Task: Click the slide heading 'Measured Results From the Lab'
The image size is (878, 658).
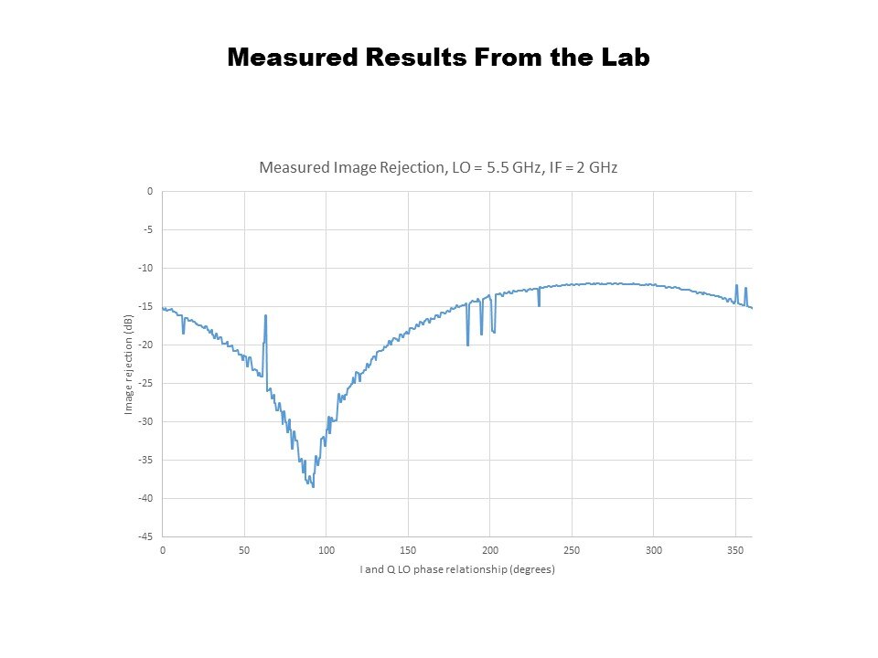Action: coord(438,58)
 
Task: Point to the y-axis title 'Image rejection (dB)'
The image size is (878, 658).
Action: coord(129,364)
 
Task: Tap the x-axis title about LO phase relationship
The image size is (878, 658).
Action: coord(457,569)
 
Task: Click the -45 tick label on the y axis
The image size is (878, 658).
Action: coord(145,536)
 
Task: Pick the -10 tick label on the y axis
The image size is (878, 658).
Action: coord(145,269)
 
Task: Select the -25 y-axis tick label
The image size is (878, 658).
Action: coord(145,384)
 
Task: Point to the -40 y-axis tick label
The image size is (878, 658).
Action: coord(145,498)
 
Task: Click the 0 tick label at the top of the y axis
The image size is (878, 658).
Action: coord(149,192)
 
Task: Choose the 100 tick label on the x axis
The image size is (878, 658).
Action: coord(327,550)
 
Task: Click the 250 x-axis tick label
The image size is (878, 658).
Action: coord(572,550)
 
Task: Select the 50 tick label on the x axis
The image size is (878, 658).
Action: coord(244,550)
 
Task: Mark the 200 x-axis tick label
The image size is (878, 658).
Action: coord(490,550)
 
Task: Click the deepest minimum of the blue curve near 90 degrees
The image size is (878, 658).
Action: coord(313,486)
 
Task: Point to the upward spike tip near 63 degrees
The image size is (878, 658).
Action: coord(265,315)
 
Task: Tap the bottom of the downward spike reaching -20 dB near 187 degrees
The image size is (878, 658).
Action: coord(467,345)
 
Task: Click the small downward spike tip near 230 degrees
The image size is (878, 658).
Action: coord(539,305)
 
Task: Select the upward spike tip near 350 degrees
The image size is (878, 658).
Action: coord(736,284)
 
